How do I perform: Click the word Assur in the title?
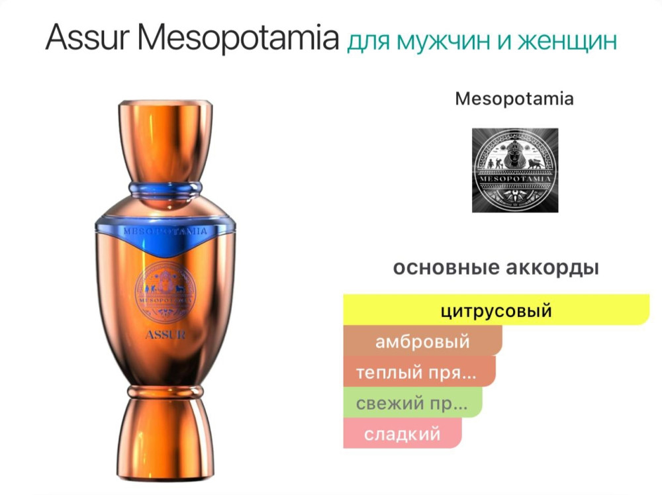pyautogui.click(x=89, y=39)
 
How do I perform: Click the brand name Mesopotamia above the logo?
pyautogui.click(x=514, y=99)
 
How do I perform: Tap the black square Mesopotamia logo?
pyautogui.click(x=514, y=170)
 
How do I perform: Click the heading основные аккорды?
pyautogui.click(x=496, y=268)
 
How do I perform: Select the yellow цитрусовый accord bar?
pyautogui.click(x=496, y=310)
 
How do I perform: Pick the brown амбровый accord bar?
pyautogui.click(x=422, y=341)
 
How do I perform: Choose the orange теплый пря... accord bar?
pyautogui.click(x=419, y=372)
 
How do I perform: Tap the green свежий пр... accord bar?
pyautogui.click(x=412, y=402)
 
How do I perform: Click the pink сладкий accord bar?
pyautogui.click(x=402, y=433)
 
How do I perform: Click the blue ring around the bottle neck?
pyautogui.click(x=165, y=186)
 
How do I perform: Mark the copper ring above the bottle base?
pyautogui.click(x=165, y=392)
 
